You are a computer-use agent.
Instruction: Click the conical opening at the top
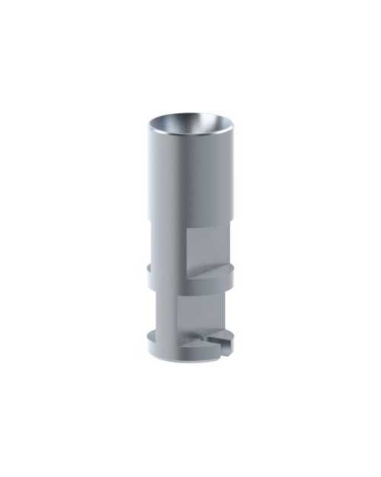tap(191, 124)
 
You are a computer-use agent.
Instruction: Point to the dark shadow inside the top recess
tap(171, 122)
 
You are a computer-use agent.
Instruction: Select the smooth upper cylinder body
tap(183, 183)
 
